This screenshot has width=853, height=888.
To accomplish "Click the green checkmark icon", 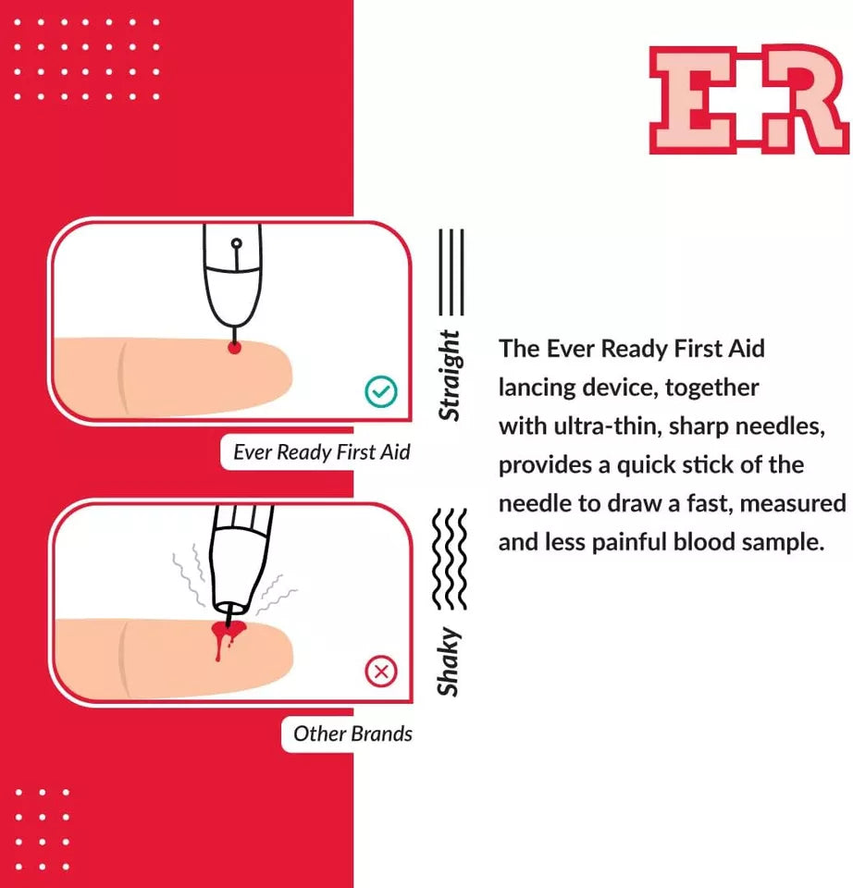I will pos(380,392).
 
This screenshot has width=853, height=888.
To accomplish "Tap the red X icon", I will pos(380,672).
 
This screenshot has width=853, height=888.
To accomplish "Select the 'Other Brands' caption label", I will pos(352,734).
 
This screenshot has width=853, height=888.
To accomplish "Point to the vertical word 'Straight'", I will pos(450,375).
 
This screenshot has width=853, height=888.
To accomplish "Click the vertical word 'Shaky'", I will pos(450,661).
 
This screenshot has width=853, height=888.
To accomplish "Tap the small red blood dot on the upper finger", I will pos(235,348).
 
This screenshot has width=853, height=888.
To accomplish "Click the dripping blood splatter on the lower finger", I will pos(225,638).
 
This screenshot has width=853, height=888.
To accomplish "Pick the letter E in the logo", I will pos(695,100).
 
